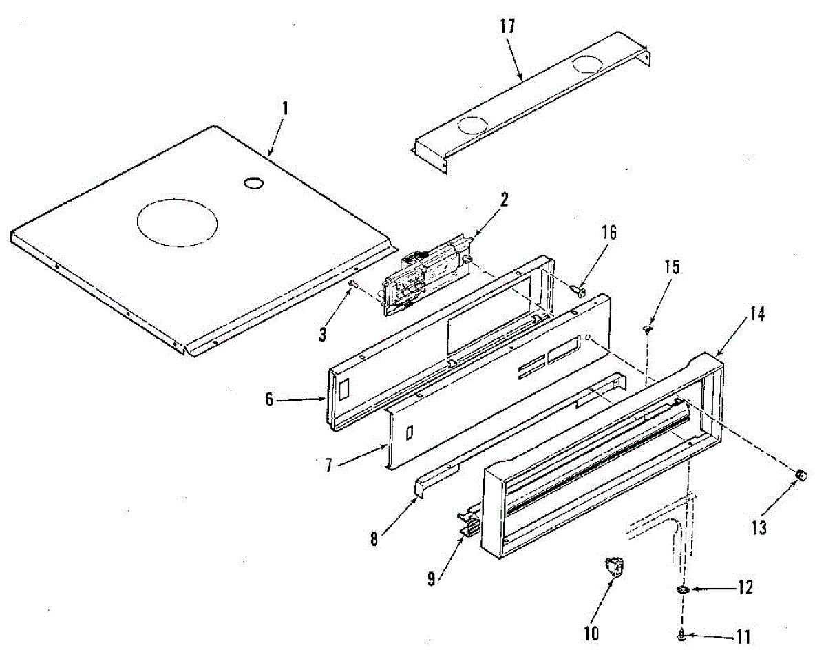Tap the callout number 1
(x=284, y=109)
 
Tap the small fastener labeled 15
(x=647, y=329)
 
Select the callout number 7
(x=330, y=465)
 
